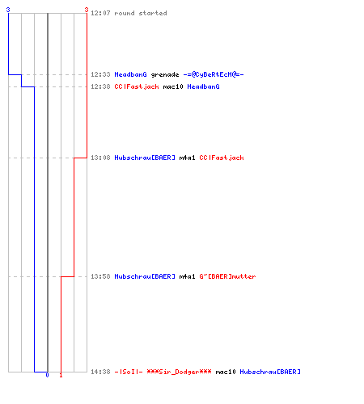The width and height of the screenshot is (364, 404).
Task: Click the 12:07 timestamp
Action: pyautogui.click(x=100, y=13)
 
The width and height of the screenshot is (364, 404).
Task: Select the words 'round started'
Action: pyautogui.click(x=141, y=13)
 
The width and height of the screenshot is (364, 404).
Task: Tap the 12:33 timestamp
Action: pyautogui.click(x=100, y=74)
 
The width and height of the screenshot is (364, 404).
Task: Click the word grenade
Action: pyautogui.click(x=165, y=74)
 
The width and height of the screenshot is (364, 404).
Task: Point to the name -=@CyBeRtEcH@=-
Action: pyautogui.click(x=214, y=74)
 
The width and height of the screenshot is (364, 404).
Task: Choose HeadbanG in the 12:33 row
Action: pyautogui.click(x=131, y=74)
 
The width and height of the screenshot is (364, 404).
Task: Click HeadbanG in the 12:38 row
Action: pyautogui.click(x=204, y=86)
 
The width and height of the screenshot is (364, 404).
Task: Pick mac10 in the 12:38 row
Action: pyautogui.click(x=173, y=86)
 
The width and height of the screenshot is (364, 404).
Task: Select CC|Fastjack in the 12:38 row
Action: pyautogui.click(x=137, y=86)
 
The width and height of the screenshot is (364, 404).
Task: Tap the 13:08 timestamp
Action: pyautogui.click(x=100, y=158)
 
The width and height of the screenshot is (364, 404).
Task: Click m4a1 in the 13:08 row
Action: pyautogui.click(x=187, y=158)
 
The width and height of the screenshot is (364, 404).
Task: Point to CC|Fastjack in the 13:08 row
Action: pyautogui.click(x=222, y=158)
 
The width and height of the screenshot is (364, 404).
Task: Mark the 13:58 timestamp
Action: pyautogui.click(x=100, y=276)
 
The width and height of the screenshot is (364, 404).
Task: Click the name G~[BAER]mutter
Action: pyautogui.click(x=227, y=276)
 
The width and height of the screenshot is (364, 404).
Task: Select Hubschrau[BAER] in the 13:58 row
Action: pyautogui.click(x=145, y=276)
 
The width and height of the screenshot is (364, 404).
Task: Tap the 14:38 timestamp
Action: pyautogui.click(x=100, y=372)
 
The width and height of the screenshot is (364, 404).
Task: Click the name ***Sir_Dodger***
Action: pyautogui.click(x=179, y=372)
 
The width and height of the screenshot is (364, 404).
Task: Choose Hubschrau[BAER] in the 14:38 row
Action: pyautogui.click(x=270, y=372)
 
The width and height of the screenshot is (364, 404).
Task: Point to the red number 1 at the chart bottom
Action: pyautogui.click(x=61, y=375)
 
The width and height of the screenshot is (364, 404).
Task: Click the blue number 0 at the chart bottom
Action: pyautogui.click(x=47, y=375)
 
